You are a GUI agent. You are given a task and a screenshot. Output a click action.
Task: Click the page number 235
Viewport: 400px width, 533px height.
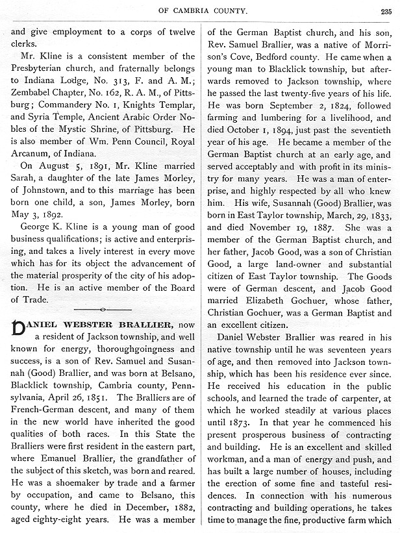click(388, 10)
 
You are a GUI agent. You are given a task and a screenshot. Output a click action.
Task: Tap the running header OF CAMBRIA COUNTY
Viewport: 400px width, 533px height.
click(201, 10)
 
